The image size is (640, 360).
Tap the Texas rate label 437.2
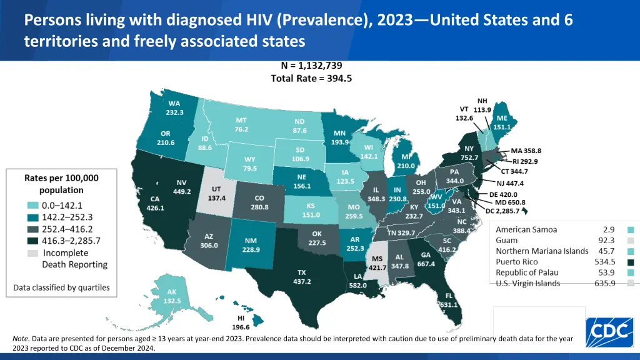point(302,282)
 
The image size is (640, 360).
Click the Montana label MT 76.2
point(242,124)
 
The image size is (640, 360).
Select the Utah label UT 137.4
point(216,193)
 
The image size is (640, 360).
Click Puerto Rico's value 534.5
point(605,261)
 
